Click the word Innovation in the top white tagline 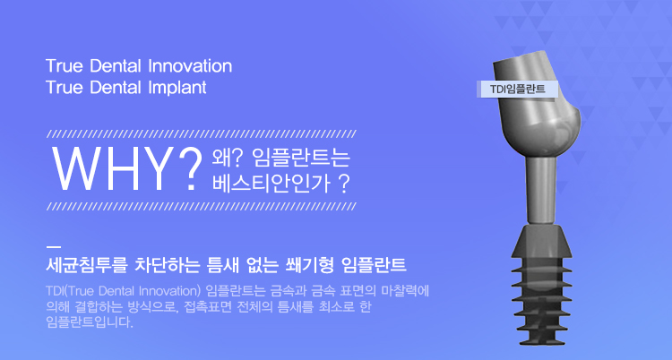[190, 66]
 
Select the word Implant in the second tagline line [177, 88]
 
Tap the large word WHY [111, 169]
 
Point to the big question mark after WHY [188, 169]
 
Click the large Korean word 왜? [228, 158]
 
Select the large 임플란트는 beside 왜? [301, 158]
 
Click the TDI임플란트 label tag [517, 90]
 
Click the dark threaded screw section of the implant [542, 301]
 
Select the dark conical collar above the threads [541, 241]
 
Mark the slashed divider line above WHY [202, 133]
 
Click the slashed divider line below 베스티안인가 [202, 207]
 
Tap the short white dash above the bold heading [53, 247]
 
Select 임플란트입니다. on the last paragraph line [90, 321]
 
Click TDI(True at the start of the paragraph [70, 291]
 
